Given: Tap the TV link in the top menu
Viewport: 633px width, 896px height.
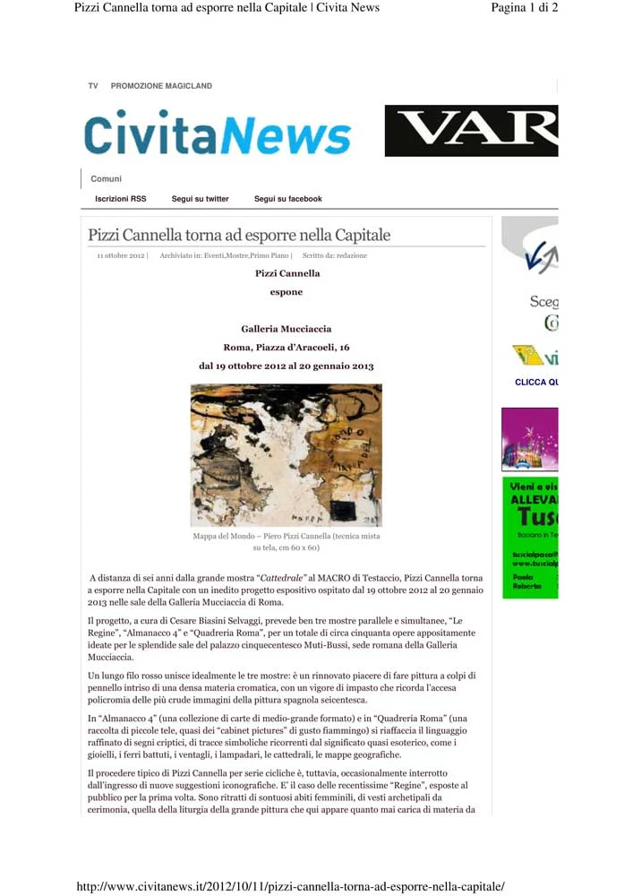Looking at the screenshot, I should [93, 86].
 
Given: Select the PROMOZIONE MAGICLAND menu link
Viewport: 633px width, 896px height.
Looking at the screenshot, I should [161, 86].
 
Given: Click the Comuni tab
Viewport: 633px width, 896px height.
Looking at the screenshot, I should [107, 179].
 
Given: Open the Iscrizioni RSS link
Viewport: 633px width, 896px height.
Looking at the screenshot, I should [120, 199].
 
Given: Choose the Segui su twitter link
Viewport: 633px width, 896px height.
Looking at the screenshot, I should [200, 199].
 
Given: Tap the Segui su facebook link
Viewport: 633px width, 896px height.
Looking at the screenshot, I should [287, 199].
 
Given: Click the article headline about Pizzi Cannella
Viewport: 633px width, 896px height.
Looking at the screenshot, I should [239, 236].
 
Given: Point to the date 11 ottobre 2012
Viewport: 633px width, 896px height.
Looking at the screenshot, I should [121, 256].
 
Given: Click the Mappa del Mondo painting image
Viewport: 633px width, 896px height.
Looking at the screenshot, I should [286, 454].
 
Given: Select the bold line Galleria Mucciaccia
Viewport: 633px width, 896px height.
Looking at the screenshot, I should [286, 329].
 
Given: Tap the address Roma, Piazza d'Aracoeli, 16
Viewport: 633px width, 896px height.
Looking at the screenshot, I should [286, 347].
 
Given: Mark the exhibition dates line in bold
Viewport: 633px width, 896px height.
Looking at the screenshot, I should [286, 366].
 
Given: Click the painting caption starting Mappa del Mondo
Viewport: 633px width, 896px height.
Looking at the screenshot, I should [286, 541].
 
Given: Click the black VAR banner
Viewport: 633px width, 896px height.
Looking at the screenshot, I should [471, 131].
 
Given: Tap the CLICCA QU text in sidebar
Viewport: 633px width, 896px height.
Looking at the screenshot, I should [535, 383].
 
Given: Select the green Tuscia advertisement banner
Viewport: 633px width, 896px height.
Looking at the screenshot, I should [530, 538].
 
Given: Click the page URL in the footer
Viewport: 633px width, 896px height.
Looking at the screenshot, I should [291, 887].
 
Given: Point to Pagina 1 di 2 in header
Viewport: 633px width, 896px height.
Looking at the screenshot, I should [525, 8].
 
